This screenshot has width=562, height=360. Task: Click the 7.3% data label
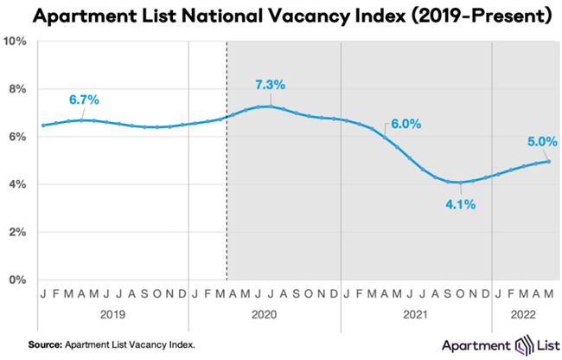click(x=270, y=85)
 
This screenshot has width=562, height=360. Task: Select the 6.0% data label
click(x=405, y=124)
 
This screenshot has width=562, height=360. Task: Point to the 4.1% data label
click(x=460, y=204)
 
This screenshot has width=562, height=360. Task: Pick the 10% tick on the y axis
click(x=16, y=42)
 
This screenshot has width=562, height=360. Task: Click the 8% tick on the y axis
click(x=18, y=89)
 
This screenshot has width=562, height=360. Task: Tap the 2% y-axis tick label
click(x=18, y=232)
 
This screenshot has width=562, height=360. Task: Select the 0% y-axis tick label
click(x=18, y=280)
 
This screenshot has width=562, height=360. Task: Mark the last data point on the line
click(x=548, y=161)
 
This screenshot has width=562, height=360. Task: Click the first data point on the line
click(x=43, y=125)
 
